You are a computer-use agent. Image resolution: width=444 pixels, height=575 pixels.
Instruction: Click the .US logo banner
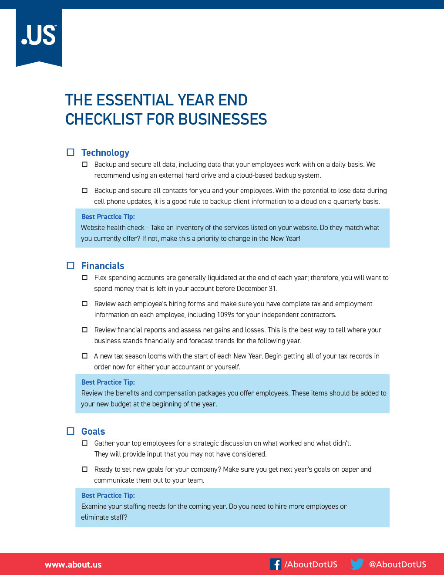[x=39, y=37]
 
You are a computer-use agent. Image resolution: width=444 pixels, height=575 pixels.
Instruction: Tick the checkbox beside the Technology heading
[x=71, y=152]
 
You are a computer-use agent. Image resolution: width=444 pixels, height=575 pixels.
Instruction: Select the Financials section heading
[x=103, y=266]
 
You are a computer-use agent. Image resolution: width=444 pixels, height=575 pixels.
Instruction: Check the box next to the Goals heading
[x=71, y=431]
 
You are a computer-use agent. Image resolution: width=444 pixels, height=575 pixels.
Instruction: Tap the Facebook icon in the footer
[x=276, y=564]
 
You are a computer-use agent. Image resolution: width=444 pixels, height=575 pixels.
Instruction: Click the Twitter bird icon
[x=357, y=564]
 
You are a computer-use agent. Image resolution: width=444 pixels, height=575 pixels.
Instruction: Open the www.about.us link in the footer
[x=73, y=565]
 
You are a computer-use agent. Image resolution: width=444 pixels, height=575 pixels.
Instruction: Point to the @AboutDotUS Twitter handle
[x=397, y=565]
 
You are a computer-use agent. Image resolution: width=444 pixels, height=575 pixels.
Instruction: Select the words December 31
[x=257, y=288]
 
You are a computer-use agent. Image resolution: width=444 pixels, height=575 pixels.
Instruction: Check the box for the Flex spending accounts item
[x=85, y=277]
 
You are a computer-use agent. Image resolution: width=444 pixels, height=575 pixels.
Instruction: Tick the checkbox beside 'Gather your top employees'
[x=85, y=443]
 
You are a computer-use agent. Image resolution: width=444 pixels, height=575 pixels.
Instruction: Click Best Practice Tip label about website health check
[x=108, y=216]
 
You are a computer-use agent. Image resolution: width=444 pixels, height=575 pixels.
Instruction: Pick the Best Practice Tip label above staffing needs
[x=108, y=495]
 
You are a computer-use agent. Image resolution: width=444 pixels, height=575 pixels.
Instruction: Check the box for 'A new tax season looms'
[x=85, y=356]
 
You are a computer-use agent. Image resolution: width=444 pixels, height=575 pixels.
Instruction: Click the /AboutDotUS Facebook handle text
[x=311, y=565]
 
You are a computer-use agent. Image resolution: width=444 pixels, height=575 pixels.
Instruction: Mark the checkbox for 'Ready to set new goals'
[x=85, y=469]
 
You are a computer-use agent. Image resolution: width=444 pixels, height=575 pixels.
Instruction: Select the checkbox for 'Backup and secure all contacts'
[x=85, y=190]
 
